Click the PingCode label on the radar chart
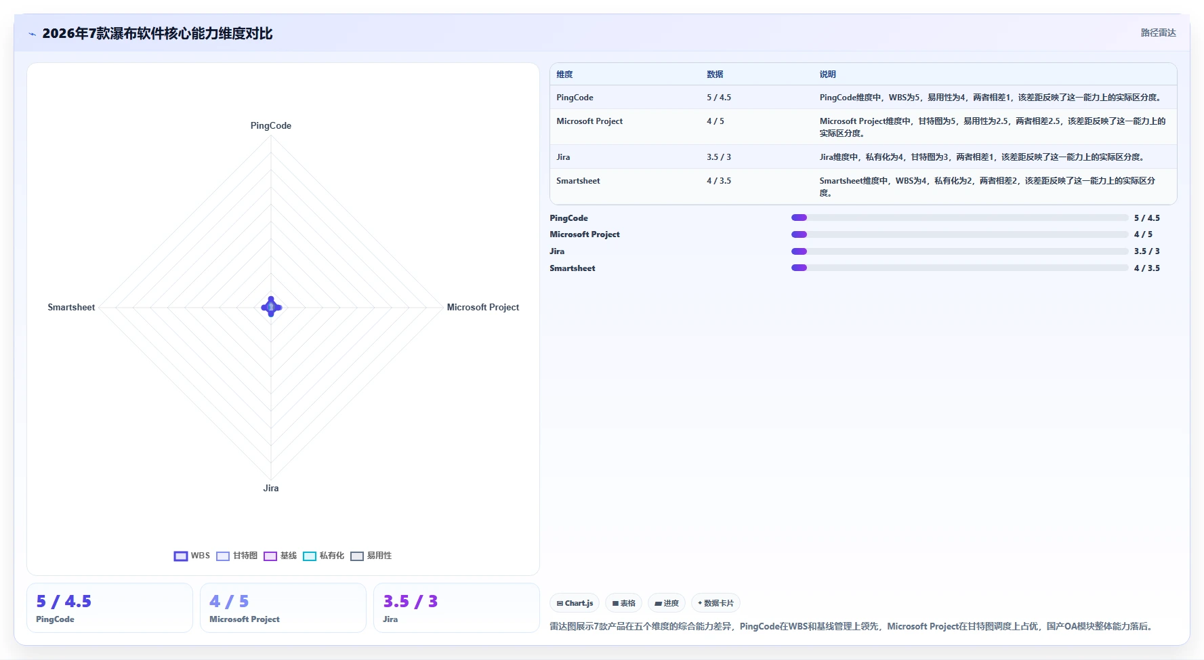click(x=271, y=125)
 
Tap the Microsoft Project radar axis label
click(x=483, y=307)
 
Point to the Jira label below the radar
click(x=271, y=488)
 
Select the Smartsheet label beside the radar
click(x=71, y=307)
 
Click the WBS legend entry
click(x=192, y=556)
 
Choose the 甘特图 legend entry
click(x=236, y=556)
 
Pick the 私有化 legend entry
click(x=323, y=556)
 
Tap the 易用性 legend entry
click(x=371, y=556)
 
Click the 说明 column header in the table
click(x=827, y=75)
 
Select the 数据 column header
click(x=715, y=75)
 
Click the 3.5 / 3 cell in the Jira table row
click(x=719, y=157)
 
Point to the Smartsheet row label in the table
click(x=578, y=181)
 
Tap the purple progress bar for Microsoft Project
click(x=800, y=234)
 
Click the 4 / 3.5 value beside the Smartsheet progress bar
click(x=1147, y=268)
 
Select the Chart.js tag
click(x=575, y=603)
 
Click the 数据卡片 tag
click(x=715, y=603)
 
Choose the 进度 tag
click(x=667, y=603)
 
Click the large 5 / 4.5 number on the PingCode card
click(x=64, y=602)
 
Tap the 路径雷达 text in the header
click(x=1158, y=33)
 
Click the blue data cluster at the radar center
click(x=271, y=307)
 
